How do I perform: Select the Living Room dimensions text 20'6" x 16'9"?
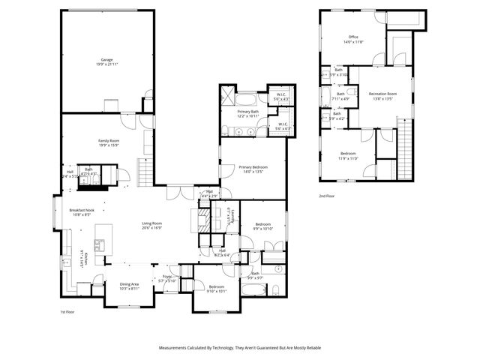coord(153,228)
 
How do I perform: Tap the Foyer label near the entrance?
coord(168,277)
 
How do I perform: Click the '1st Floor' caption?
coord(68,311)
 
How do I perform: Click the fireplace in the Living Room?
coord(204,218)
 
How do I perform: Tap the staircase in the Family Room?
coord(144,172)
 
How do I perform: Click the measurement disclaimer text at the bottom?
coord(239,348)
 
